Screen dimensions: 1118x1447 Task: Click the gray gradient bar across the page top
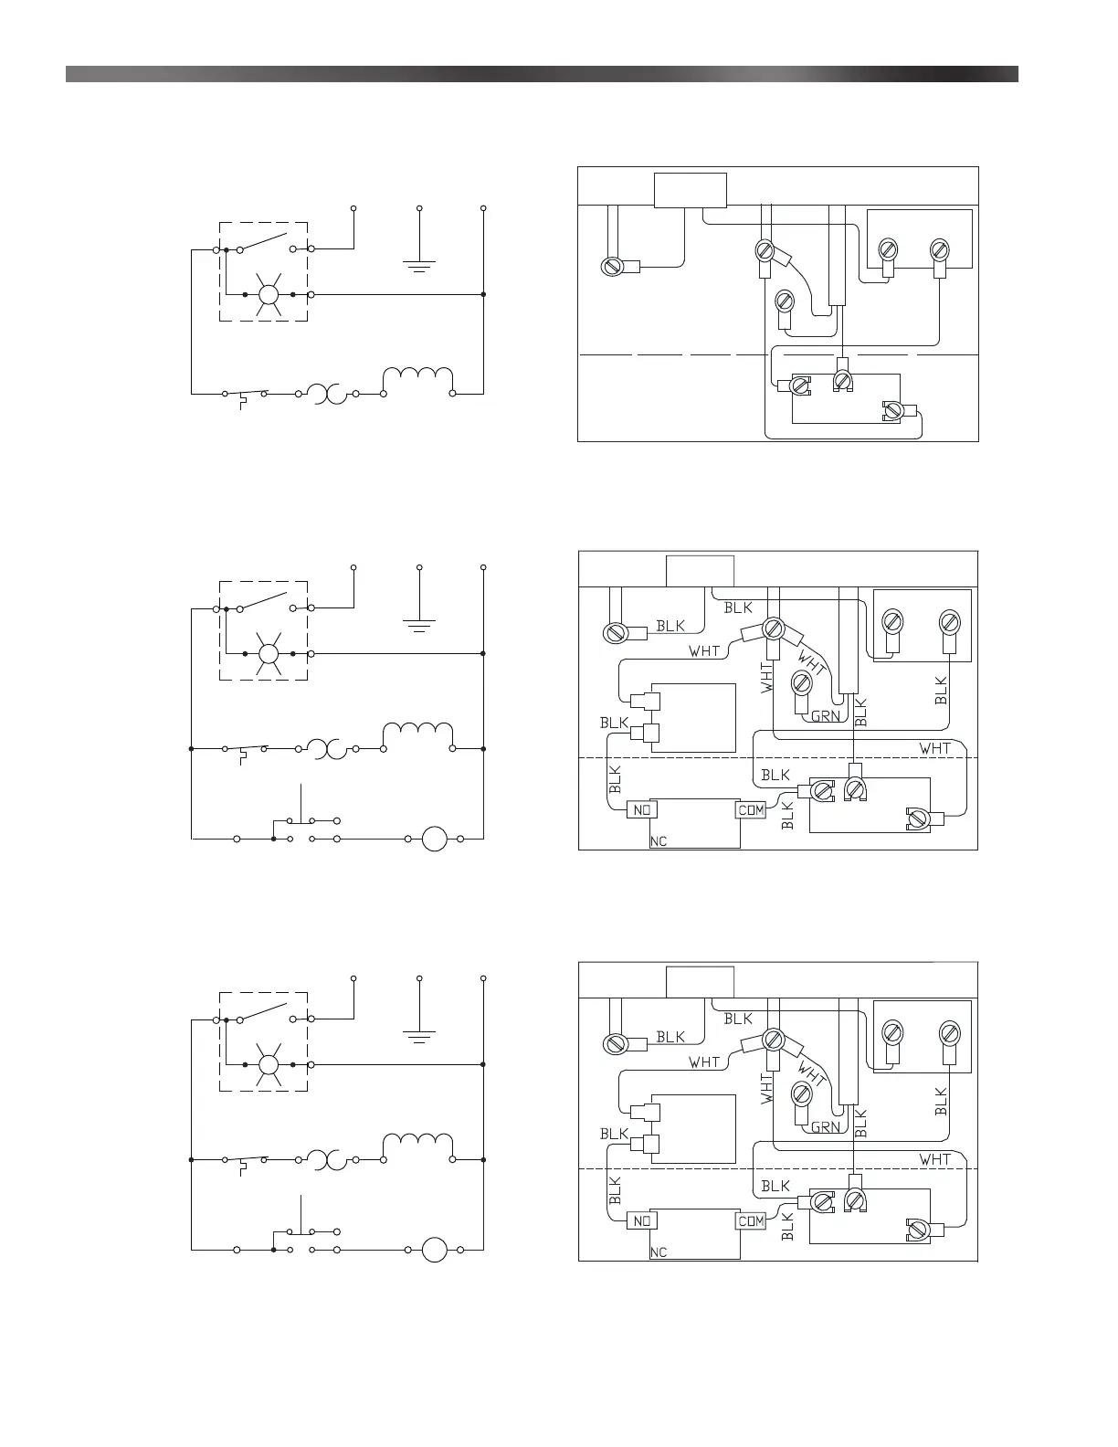coord(542,74)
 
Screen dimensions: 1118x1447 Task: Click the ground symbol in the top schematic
coord(419,266)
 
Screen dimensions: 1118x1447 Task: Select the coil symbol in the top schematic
coord(418,380)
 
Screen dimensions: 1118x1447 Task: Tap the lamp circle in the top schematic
coord(269,294)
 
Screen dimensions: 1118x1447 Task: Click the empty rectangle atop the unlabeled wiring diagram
coord(691,190)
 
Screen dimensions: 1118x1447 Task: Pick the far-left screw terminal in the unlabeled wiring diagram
coord(613,267)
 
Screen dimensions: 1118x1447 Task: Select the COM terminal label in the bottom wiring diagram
coord(751,1220)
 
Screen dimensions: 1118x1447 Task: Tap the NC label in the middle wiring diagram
coord(659,841)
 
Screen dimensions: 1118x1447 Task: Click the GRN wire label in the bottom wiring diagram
coord(826,1127)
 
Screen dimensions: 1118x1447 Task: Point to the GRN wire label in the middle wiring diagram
coord(826,716)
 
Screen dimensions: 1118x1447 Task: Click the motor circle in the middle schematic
coord(434,838)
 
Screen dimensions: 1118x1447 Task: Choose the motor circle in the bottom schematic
coord(434,1249)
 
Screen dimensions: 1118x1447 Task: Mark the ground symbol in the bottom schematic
coord(419,1037)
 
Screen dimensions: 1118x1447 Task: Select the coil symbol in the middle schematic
coord(418,735)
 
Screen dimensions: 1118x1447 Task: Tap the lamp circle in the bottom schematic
coord(269,1065)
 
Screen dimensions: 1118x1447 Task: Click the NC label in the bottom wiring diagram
coord(659,1252)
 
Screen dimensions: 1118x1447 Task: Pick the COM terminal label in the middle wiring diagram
coord(751,809)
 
